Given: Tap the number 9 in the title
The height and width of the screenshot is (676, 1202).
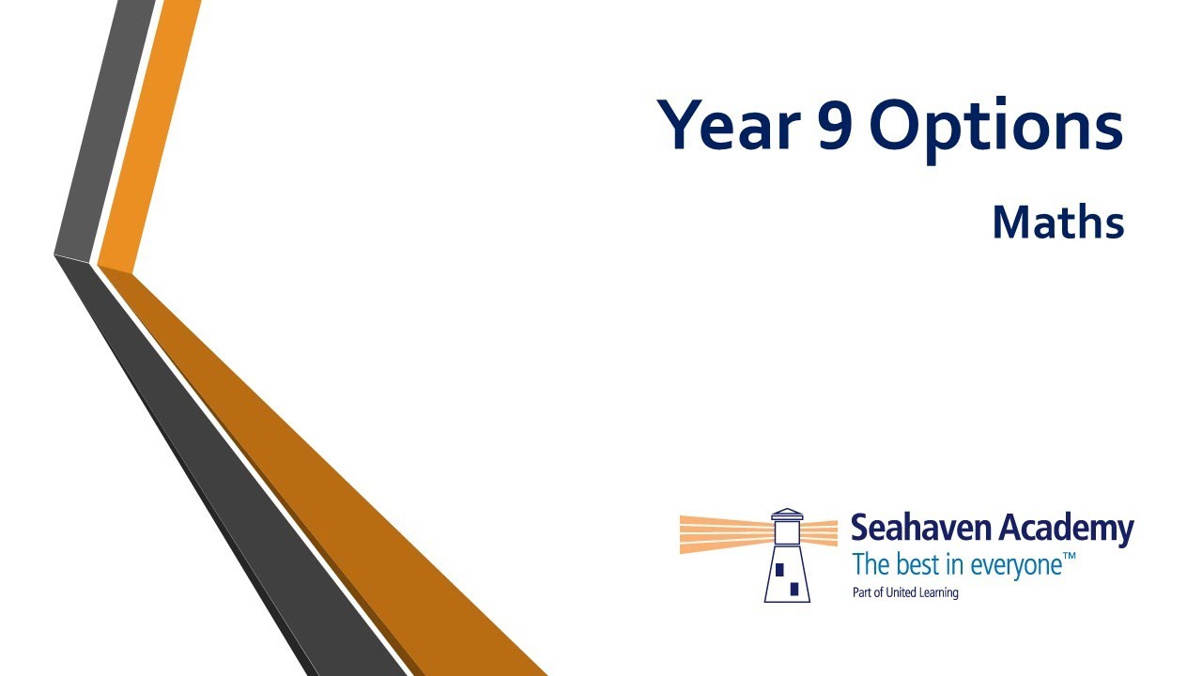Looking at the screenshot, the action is pyautogui.click(x=834, y=125).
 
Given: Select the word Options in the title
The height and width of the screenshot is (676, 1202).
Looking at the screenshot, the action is pyautogui.click(x=996, y=129).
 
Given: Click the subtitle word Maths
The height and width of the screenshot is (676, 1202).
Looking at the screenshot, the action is pyautogui.click(x=1057, y=222).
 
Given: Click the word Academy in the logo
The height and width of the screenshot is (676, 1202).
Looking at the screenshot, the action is pyautogui.click(x=1065, y=530).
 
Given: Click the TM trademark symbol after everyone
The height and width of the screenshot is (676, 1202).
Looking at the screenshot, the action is pyautogui.click(x=1069, y=557).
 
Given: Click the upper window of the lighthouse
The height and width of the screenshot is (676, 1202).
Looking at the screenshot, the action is pyautogui.click(x=779, y=570).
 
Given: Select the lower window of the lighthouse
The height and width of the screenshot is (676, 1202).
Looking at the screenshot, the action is pyautogui.click(x=794, y=589).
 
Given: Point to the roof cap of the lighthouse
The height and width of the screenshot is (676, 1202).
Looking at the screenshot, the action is pyautogui.click(x=787, y=515).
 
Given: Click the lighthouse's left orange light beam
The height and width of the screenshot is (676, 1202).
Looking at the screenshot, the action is pyautogui.click(x=727, y=534).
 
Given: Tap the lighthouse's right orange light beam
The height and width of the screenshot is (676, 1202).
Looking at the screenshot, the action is pyautogui.click(x=819, y=532).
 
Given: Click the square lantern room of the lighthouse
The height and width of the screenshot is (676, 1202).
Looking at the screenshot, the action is pyautogui.click(x=787, y=533).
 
